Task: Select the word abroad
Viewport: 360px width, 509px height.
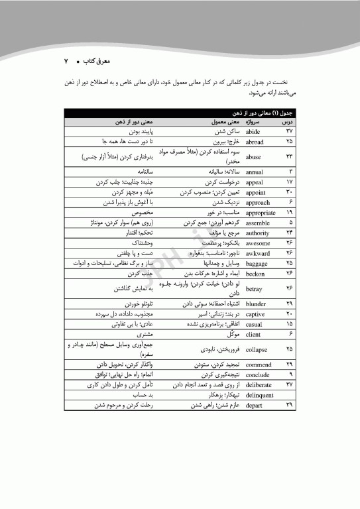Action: click(255, 142)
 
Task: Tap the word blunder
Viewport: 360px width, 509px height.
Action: click(256, 303)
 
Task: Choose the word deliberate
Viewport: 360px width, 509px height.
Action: click(258, 384)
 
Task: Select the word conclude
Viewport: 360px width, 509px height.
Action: click(256, 374)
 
